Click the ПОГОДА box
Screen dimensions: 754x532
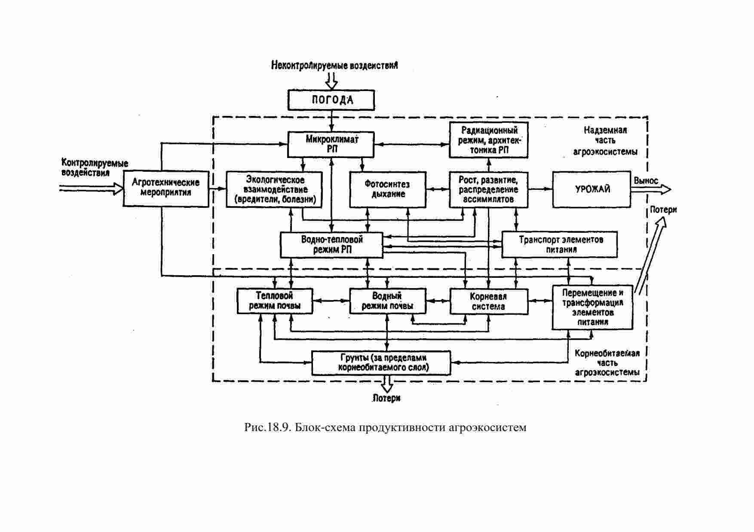pyautogui.click(x=331, y=100)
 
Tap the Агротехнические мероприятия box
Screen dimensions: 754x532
pyautogui.click(x=166, y=188)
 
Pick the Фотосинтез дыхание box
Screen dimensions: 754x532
pyautogui.click(x=388, y=189)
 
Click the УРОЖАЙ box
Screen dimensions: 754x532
pyautogui.click(x=592, y=189)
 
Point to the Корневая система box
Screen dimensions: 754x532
pyautogui.click(x=489, y=301)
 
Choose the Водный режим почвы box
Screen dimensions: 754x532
pyautogui.click(x=388, y=301)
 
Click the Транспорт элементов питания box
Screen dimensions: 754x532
pyautogui.click(x=560, y=245)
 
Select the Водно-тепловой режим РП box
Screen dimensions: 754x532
pyautogui.click(x=331, y=245)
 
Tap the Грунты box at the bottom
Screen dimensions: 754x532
pyautogui.click(x=381, y=363)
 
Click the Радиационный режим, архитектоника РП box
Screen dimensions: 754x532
pyautogui.click(x=489, y=140)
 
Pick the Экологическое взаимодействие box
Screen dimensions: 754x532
pyautogui.click(x=274, y=189)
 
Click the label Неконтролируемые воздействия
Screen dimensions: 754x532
pyautogui.click(x=334, y=65)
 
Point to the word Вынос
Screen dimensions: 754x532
pyautogui.click(x=646, y=181)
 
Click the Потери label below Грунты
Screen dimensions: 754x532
pyautogui.click(x=386, y=398)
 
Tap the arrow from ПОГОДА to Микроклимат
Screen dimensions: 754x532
pyautogui.click(x=331, y=121)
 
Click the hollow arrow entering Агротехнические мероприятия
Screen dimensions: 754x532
pyautogui.click(x=91, y=188)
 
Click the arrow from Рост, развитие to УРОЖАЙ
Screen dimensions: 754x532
pyautogui.click(x=540, y=189)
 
